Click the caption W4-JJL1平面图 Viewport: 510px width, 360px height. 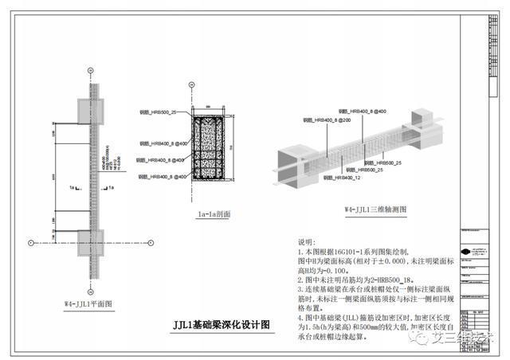(90, 303)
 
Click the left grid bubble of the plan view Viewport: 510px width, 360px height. (30, 240)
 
